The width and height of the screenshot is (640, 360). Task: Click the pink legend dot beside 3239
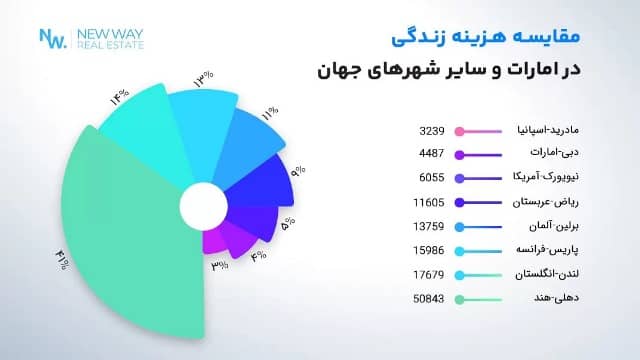459,131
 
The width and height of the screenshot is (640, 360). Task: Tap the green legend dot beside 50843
459,299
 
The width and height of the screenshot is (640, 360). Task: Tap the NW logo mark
52,38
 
